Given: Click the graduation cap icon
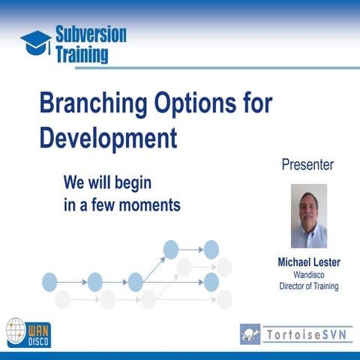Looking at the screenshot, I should click(x=35, y=41).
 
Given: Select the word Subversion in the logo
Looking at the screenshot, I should click(x=91, y=34).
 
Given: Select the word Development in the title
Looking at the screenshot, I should click(x=109, y=138).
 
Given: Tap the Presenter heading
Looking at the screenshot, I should click(x=307, y=164).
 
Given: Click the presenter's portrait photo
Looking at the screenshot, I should click(x=308, y=216).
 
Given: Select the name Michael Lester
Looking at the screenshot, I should click(x=308, y=263).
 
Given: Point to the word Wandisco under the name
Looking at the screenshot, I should click(x=308, y=275).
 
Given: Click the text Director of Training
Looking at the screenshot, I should click(x=308, y=286).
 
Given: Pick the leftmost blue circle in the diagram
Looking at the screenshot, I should click(x=49, y=282).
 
